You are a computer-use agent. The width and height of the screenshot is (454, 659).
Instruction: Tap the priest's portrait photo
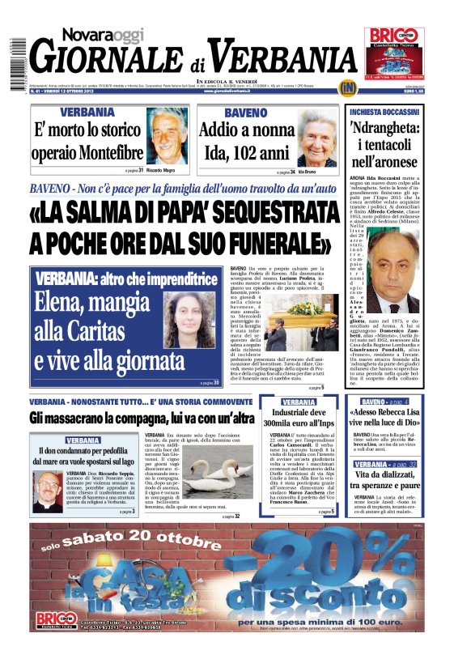(x=48, y=491)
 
